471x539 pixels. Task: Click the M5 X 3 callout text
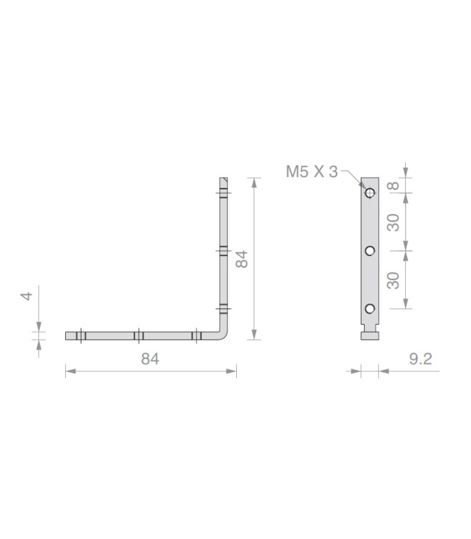(312, 172)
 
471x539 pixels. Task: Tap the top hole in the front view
(369, 193)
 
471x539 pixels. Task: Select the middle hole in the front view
(369, 251)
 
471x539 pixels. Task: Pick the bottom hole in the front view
(369, 309)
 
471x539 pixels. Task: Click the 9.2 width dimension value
(421, 359)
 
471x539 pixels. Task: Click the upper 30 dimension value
(394, 222)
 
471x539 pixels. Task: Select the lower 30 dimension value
(394, 280)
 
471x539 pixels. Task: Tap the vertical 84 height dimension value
(242, 259)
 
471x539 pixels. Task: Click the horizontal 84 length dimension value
(150, 359)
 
